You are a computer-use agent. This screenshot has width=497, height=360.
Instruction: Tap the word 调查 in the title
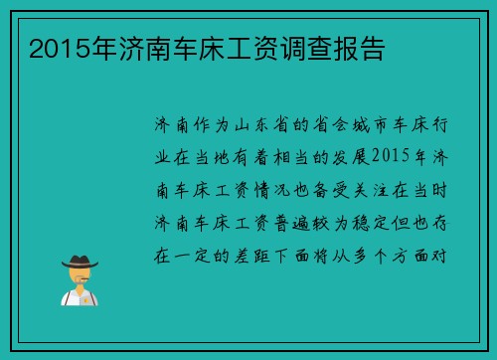[296, 48]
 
